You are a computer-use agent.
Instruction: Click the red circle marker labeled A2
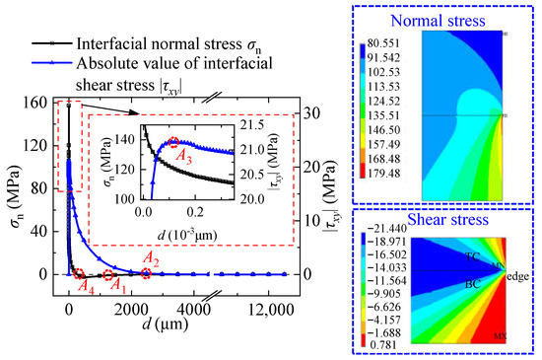click(146, 274)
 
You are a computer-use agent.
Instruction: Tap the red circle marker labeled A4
click(80, 275)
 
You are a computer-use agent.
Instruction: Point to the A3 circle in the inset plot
click(174, 144)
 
